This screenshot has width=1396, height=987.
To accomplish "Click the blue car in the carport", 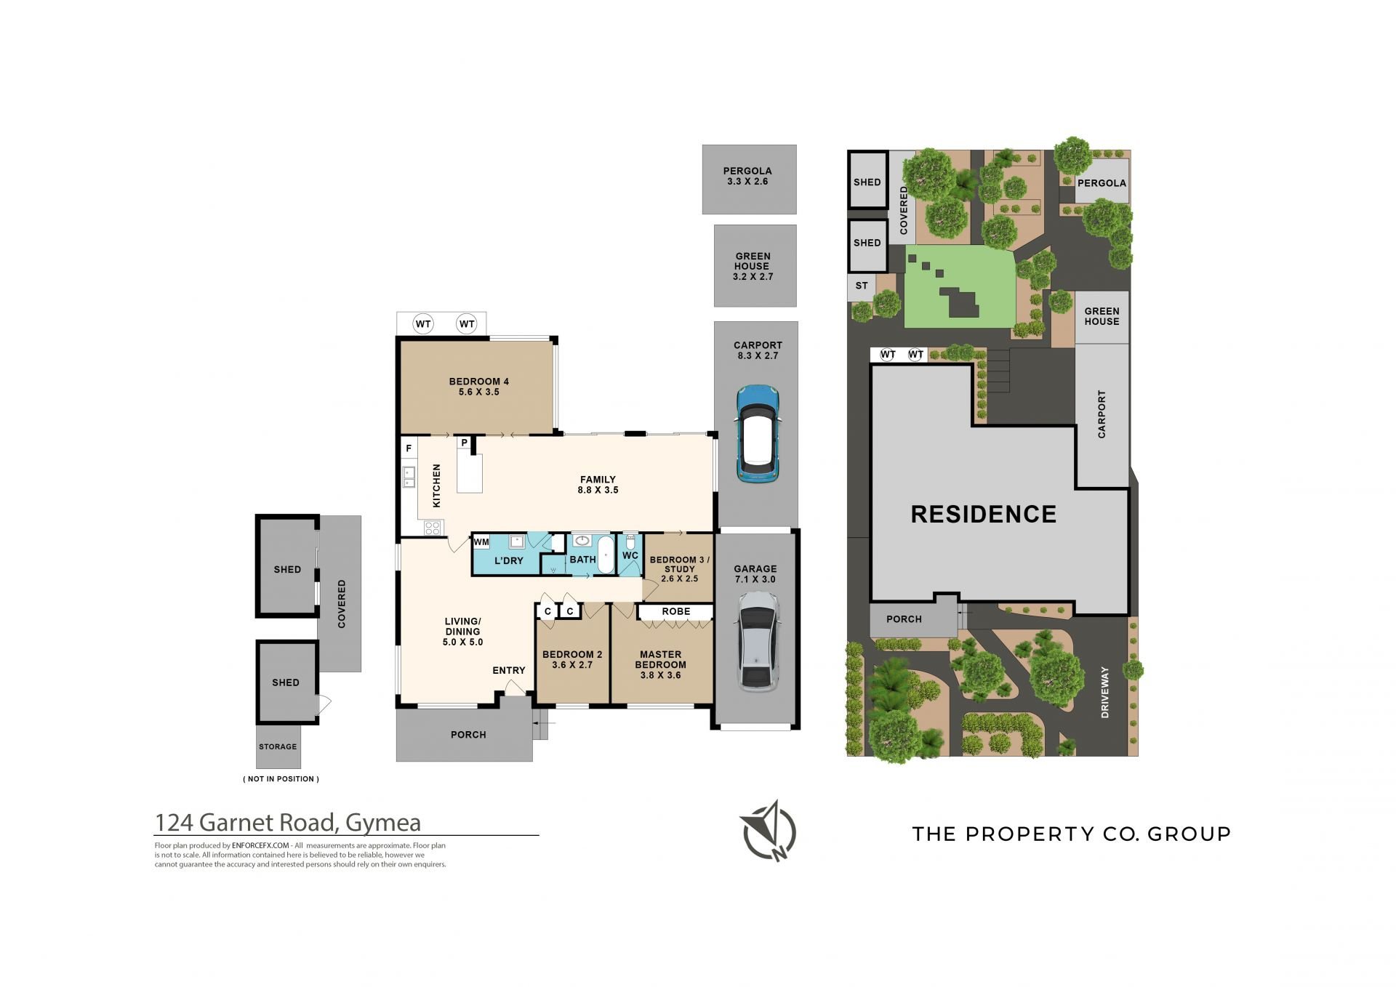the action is tap(757, 433).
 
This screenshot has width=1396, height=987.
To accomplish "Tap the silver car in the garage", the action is tap(757, 640).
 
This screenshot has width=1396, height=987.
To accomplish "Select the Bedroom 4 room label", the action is tap(478, 387).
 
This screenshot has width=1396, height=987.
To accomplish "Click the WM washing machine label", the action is tap(481, 542).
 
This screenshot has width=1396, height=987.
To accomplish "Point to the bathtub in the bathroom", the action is tap(605, 556).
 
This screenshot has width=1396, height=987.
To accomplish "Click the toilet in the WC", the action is tap(630, 542).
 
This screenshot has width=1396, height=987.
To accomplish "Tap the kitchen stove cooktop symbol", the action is tap(433, 528).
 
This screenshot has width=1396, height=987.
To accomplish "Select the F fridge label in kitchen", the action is tap(409, 448).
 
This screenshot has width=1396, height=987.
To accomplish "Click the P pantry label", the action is tap(464, 443).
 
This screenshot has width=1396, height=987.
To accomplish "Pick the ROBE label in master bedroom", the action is tap(676, 611).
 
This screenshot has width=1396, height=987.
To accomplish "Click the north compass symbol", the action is tap(770, 831).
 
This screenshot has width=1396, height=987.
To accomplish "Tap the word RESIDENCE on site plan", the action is tap(984, 514).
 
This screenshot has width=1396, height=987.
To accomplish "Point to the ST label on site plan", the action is tap(862, 286).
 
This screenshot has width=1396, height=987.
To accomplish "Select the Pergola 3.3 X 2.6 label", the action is tap(747, 176).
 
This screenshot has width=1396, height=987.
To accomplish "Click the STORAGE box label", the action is tap(278, 746).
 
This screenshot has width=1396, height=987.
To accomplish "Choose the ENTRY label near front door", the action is tap(509, 670).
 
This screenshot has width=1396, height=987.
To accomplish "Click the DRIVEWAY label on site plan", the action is tap(1105, 692).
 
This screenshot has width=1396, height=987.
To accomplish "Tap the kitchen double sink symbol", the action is tap(409, 477).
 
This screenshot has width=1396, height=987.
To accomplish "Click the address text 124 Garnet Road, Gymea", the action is tap(288, 822).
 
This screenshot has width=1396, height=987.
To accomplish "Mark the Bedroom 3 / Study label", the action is tap(680, 569).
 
